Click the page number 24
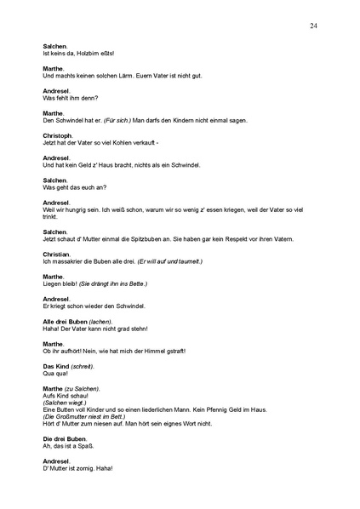[314, 26]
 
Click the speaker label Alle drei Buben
[66, 323]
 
